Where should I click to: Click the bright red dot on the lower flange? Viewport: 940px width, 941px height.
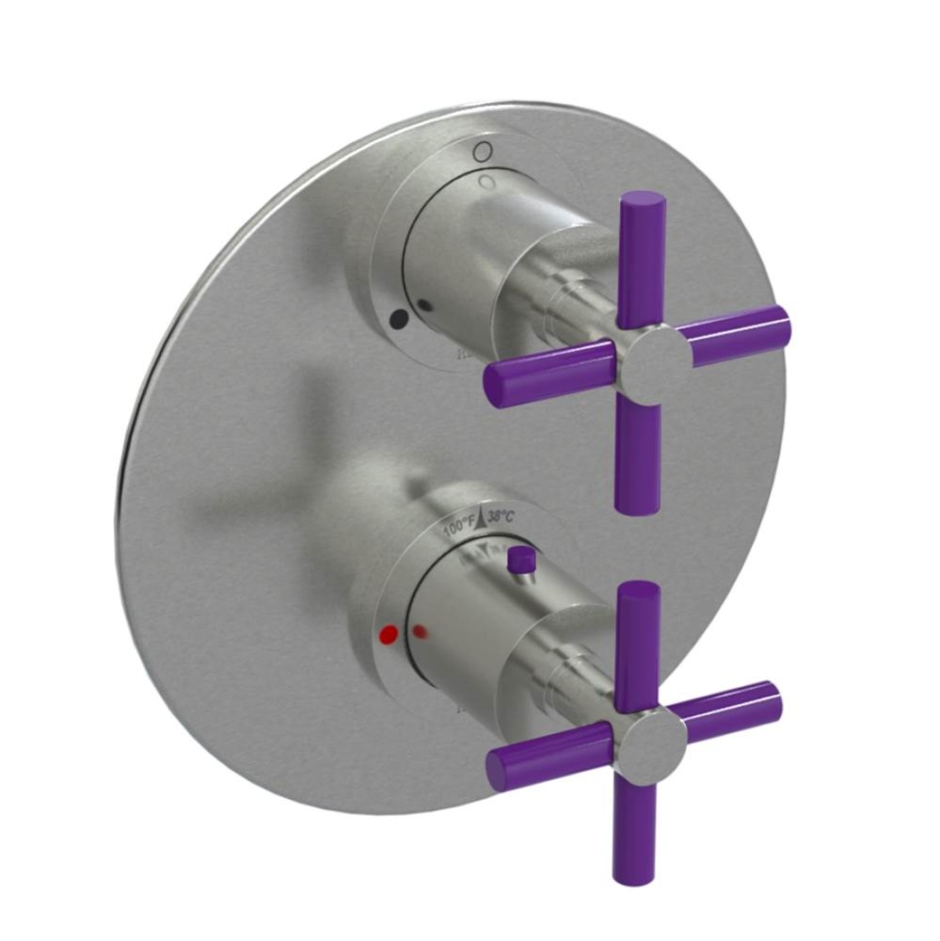click(x=383, y=637)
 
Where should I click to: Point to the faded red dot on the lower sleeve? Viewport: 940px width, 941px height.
click(x=421, y=630)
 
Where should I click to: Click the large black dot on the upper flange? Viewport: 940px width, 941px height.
click(x=398, y=319)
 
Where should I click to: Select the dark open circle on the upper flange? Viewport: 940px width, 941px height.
click(x=482, y=151)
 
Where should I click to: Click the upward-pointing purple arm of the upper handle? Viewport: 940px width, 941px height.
click(x=643, y=255)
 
